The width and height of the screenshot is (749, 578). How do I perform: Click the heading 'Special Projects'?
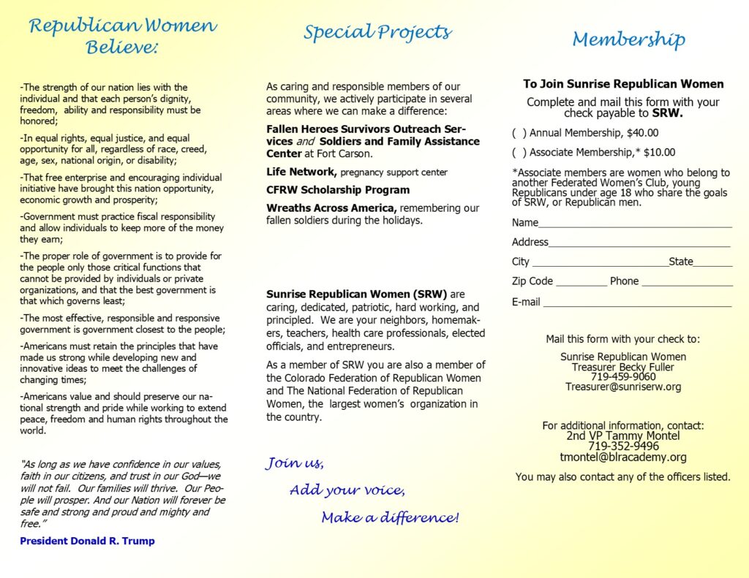click(377, 33)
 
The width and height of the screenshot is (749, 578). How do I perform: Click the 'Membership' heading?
click(628, 39)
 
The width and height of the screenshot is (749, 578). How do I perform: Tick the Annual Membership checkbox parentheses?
click(519, 133)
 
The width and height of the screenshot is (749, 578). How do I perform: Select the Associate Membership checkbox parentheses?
click(519, 153)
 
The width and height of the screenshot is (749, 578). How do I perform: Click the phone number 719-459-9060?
click(623, 377)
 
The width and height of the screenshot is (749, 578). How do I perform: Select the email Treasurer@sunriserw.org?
click(623, 387)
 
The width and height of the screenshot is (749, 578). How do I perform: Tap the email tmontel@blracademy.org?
click(623, 457)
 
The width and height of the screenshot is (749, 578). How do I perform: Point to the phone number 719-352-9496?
click(623, 446)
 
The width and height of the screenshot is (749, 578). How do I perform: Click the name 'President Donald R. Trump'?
click(87, 541)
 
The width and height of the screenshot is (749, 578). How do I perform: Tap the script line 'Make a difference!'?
click(390, 518)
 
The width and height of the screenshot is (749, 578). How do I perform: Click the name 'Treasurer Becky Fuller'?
click(623, 367)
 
